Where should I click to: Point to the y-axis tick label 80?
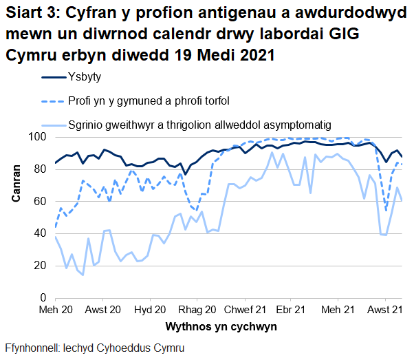(40, 169)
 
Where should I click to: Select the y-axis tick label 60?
(40, 202)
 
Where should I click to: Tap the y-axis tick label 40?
(40, 233)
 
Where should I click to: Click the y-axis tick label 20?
(40, 266)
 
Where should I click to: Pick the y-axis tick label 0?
(43, 297)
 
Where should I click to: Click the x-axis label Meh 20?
(55, 310)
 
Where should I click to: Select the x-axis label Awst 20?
(103, 310)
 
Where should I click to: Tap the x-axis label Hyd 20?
(150, 310)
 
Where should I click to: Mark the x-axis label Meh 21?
(340, 310)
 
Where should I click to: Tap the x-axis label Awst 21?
(386, 310)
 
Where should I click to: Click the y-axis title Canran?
(16, 186)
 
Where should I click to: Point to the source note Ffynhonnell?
(94, 348)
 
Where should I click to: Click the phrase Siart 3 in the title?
(31, 12)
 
